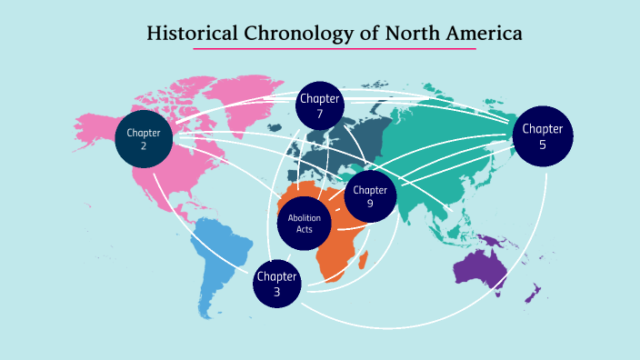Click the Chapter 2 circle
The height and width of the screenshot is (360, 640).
click(x=144, y=138)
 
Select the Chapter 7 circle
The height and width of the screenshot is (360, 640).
click(x=320, y=106)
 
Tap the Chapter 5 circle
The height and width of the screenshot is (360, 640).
click(x=543, y=135)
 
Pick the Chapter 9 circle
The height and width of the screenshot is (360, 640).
click(x=371, y=196)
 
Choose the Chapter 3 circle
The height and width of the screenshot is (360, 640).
click(x=277, y=284)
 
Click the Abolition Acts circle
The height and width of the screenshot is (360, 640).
click(x=305, y=224)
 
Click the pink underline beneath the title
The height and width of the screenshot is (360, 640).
click(x=335, y=49)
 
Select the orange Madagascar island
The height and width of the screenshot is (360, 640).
click(x=364, y=261)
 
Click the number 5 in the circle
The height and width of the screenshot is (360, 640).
click(x=543, y=144)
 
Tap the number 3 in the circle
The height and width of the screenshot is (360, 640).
click(x=277, y=292)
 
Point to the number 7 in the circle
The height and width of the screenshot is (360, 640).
click(x=320, y=114)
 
